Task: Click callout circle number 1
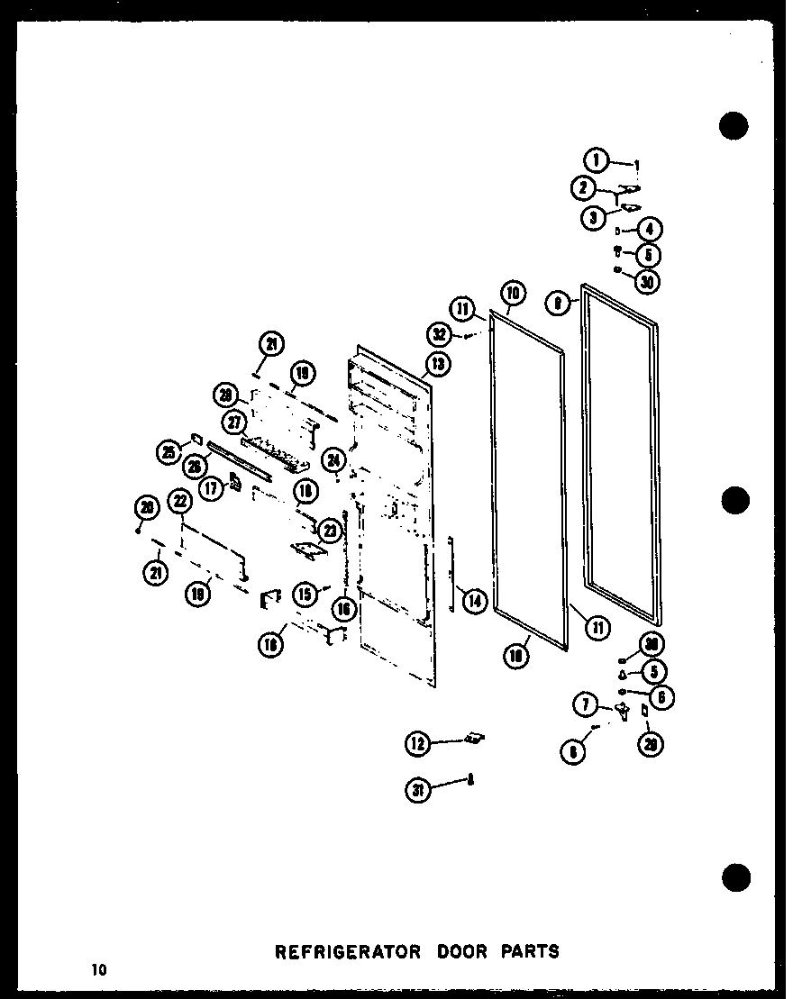(x=596, y=161)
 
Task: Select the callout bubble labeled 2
(x=584, y=188)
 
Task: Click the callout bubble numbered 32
(x=440, y=335)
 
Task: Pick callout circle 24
(x=334, y=459)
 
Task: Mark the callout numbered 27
(x=234, y=422)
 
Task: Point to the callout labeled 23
(x=330, y=531)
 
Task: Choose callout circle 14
(x=475, y=599)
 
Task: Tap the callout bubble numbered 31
(x=418, y=791)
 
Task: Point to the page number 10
(x=97, y=969)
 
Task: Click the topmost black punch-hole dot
(x=734, y=126)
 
